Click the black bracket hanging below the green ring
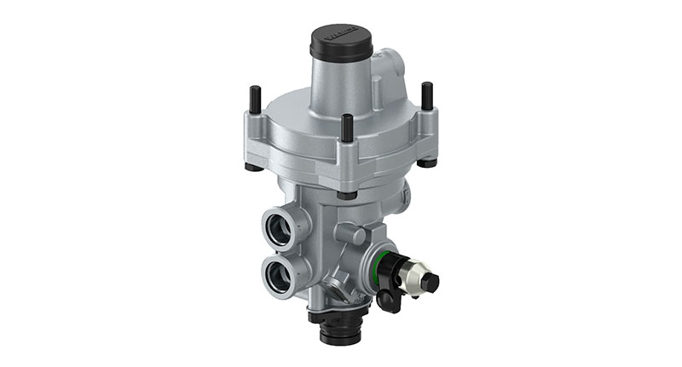coord(384,295)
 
